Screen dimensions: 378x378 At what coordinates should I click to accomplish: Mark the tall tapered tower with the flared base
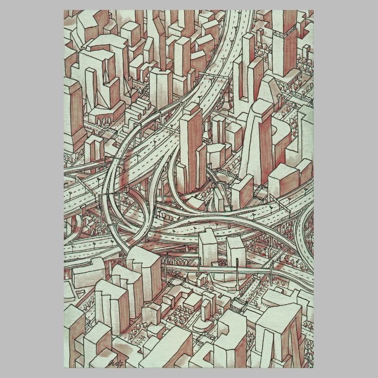[x=255, y=142]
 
